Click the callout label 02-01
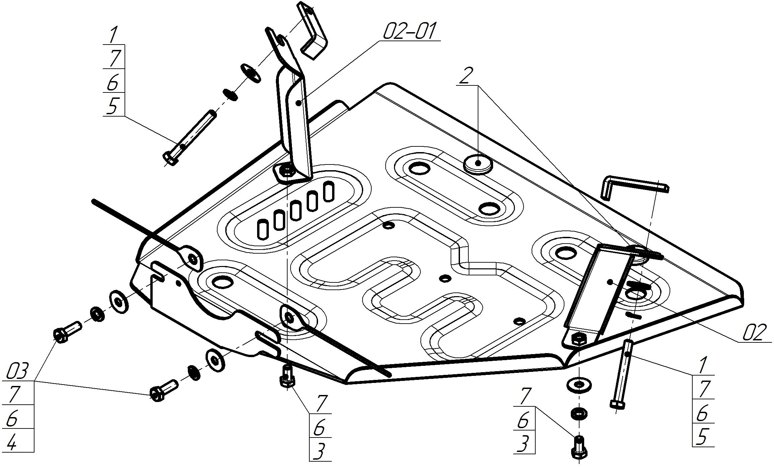409,32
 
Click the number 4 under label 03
12,443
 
